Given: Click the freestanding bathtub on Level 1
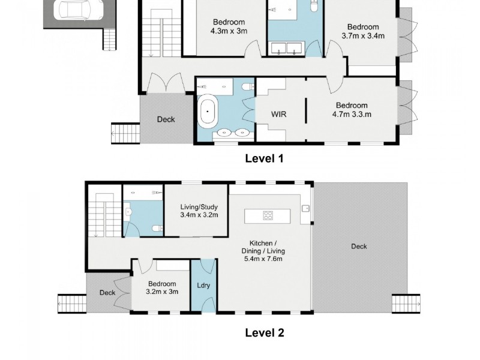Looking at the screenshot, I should [x=209, y=112].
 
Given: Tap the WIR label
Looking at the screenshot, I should [x=278, y=114].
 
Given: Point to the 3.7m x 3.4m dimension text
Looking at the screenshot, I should [x=362, y=35].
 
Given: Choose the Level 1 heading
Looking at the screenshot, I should [x=264, y=158].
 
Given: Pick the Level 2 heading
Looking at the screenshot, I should [x=264, y=332].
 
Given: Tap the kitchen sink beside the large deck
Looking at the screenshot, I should [x=306, y=209].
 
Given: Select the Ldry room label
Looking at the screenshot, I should [x=203, y=286].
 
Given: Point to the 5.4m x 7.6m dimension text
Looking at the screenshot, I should [x=262, y=259].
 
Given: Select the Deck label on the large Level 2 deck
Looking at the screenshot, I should [x=359, y=247].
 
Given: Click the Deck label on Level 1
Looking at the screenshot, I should [x=166, y=119].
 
